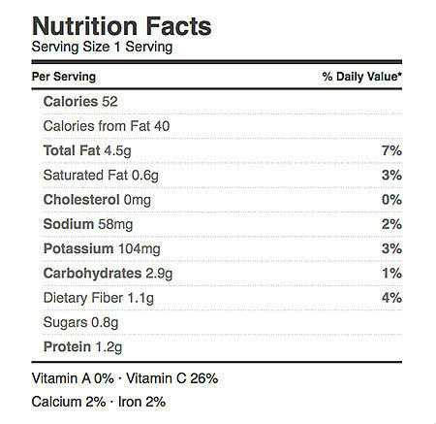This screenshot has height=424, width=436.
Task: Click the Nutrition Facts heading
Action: tap(122, 26)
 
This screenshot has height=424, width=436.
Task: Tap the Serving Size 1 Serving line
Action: tap(102, 47)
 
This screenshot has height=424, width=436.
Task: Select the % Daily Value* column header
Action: tap(361, 77)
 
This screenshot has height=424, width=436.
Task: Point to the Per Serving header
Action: tap(64, 77)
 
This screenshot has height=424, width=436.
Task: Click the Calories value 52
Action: tap(109, 102)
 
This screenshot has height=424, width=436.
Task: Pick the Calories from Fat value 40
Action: tap(162, 126)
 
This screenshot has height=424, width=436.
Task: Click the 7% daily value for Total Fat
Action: tap(391, 150)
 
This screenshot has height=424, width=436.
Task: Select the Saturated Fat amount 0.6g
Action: tap(145, 176)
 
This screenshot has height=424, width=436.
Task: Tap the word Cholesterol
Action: tap(81, 200)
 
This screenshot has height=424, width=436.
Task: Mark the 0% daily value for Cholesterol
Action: tap(391, 200)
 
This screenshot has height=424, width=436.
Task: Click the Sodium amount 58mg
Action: tap(115, 224)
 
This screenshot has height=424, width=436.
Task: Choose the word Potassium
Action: tap(78, 248)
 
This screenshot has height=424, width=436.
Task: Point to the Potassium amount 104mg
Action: tap(140, 249)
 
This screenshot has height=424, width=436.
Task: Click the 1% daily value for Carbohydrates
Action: tap(392, 274)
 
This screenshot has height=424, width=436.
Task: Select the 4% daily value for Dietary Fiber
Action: tap(391, 298)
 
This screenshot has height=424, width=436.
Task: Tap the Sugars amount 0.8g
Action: tap(105, 323)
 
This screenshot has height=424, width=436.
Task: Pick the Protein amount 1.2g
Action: tap(109, 347)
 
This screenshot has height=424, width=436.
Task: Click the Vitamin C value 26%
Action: tap(204, 378)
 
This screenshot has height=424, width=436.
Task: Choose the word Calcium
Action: tap(56, 402)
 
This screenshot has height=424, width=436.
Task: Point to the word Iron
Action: tap(130, 402)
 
